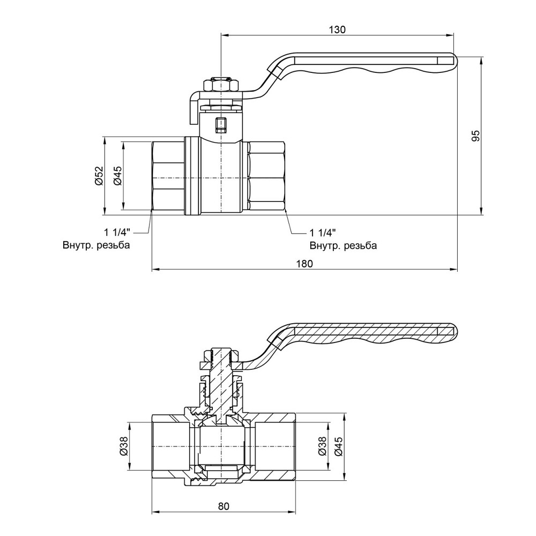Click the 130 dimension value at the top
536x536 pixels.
pos(337,29)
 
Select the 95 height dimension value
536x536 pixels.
pos(475,136)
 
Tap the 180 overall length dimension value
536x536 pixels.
pos(304,264)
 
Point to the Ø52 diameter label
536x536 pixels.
pos(99,176)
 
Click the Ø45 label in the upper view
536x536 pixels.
pos(117,176)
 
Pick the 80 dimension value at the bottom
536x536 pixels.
pos(224,507)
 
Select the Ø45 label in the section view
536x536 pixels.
pos(338,446)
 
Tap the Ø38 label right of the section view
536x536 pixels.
pos(322,446)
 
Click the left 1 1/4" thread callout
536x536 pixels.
pos(117,233)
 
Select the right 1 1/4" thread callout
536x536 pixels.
pos(323,233)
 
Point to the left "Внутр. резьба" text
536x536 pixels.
pos(96,245)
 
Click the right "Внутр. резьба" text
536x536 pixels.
pos(343,245)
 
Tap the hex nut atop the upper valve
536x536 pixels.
pos(221,85)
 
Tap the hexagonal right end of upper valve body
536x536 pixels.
pos(266,176)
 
